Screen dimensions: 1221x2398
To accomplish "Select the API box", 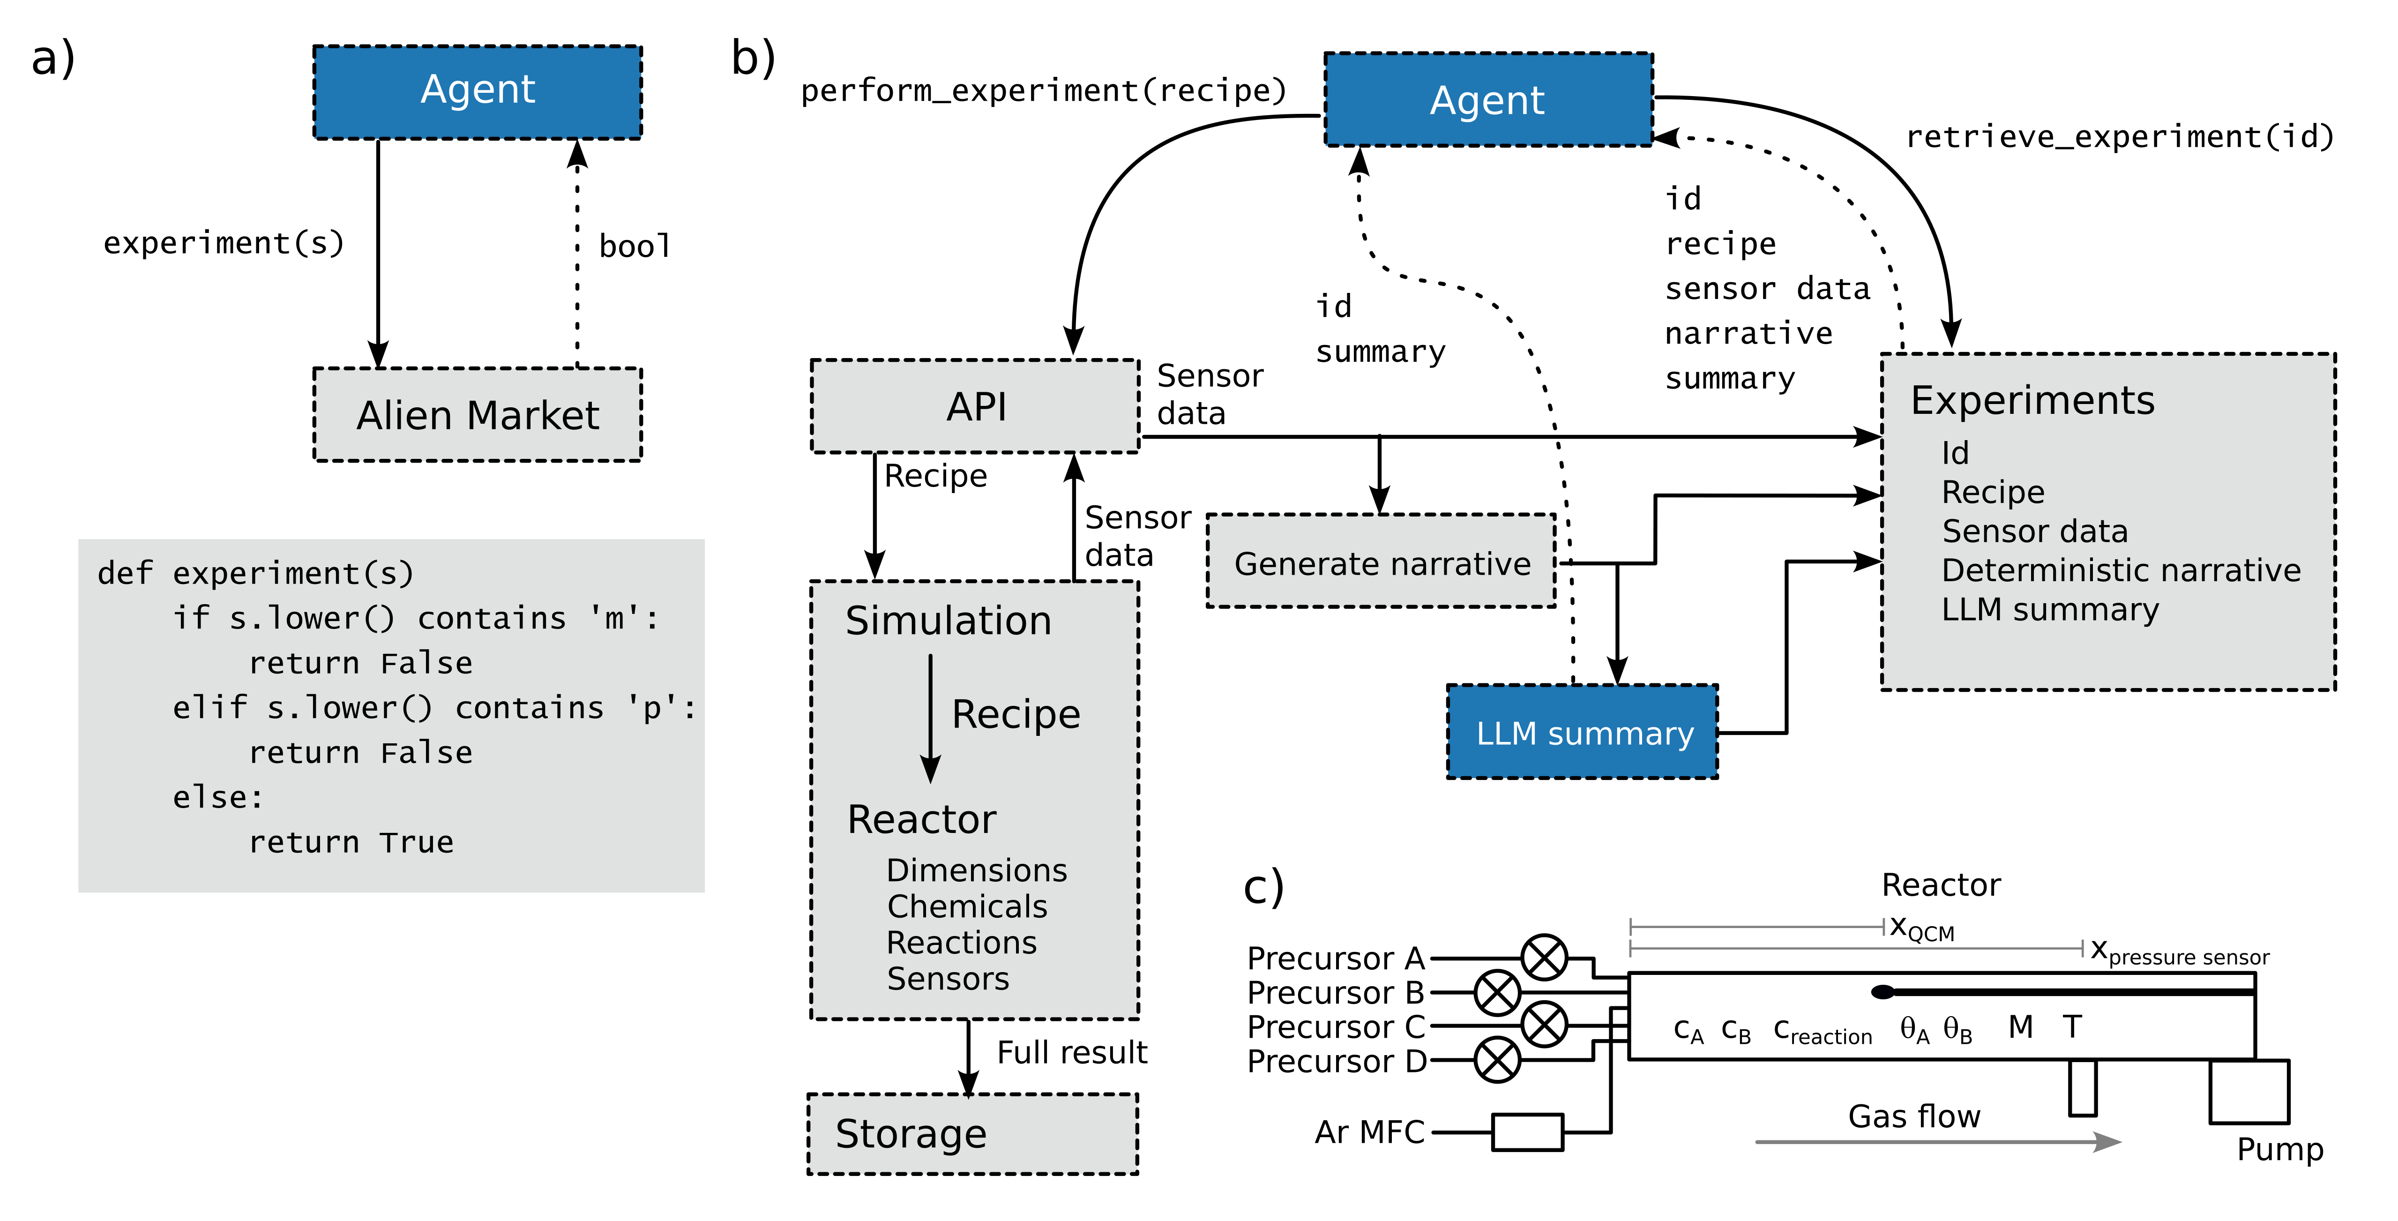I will click(976, 406).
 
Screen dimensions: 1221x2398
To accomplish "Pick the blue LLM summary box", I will click(1583, 732).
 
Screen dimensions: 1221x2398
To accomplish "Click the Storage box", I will click(973, 1133).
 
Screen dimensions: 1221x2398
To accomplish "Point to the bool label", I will click(634, 246).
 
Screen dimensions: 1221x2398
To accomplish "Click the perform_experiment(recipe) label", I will click(1043, 90).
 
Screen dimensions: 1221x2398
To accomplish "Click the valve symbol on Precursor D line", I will click(1497, 1060).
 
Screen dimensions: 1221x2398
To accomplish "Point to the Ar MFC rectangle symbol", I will click(1528, 1131).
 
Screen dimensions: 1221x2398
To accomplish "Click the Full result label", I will click(1071, 1052).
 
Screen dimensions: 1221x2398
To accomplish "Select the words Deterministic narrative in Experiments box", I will click(2121, 570).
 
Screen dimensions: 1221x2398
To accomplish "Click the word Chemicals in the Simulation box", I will click(967, 906).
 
